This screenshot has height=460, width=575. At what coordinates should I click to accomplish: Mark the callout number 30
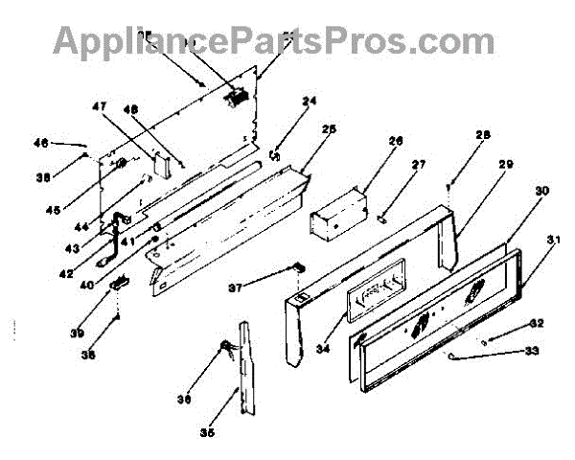541,191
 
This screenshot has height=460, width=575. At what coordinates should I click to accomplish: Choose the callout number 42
92,272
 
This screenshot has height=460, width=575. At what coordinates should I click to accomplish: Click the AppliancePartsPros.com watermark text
273,41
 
